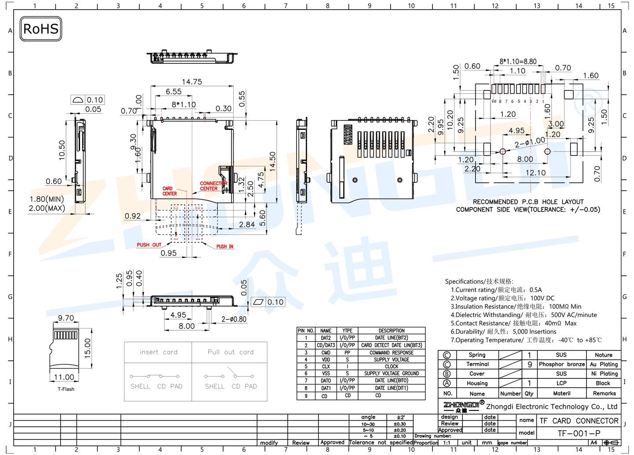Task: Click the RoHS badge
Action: [40, 29]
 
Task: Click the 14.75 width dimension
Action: [192, 82]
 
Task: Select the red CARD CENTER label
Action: [169, 191]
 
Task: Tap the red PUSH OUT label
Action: [149, 245]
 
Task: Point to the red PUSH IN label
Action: [224, 247]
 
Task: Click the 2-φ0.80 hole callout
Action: [234, 319]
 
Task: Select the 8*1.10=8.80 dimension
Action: [518, 62]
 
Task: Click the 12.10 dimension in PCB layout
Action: [535, 173]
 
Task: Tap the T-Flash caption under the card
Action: [66, 389]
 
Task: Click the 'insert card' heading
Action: [158, 352]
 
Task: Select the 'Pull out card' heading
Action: [231, 352]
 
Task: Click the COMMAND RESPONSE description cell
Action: [391, 353]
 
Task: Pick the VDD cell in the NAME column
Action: [326, 360]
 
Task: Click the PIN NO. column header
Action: [306, 331]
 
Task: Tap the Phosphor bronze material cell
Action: [561, 364]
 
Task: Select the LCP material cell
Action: [561, 383]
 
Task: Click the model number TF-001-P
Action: [579, 433]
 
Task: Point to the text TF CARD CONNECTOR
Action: [579, 421]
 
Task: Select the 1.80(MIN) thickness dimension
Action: [47, 199]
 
